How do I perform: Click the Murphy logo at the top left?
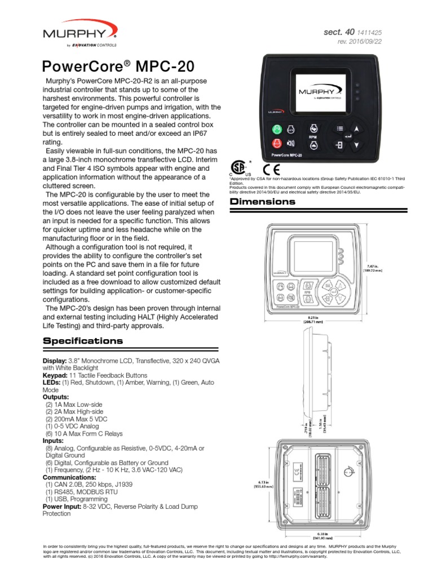point(79,34)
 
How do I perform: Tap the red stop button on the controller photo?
point(277,144)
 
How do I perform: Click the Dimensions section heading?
point(261,202)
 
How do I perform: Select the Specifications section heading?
point(83,341)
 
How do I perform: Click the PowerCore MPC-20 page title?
point(118,66)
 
